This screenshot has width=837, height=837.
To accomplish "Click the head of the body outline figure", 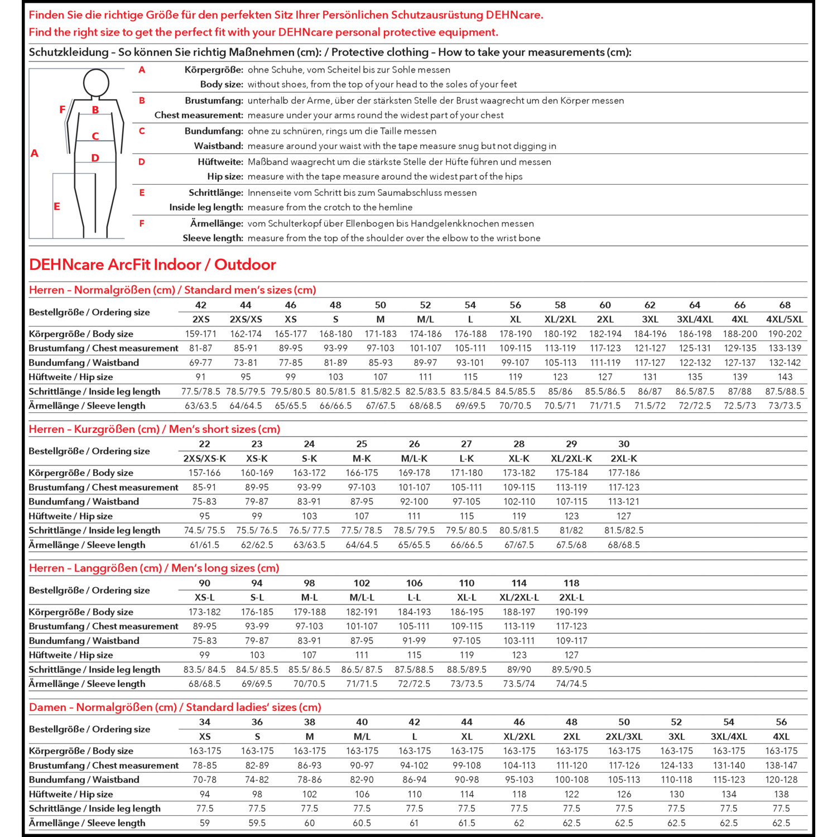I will pyautogui.click(x=96, y=83).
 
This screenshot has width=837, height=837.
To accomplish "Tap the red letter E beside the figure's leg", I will pyautogui.click(x=56, y=206).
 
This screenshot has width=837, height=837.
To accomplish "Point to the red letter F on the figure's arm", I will pyautogui.click(x=62, y=109).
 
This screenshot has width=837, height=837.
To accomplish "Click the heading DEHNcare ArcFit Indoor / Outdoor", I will pyautogui.click(x=152, y=264).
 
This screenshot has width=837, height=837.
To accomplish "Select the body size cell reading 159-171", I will pyautogui.click(x=201, y=334).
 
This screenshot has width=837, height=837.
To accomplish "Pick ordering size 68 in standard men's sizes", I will pyautogui.click(x=785, y=305).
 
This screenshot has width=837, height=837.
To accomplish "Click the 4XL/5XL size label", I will pyautogui.click(x=785, y=319).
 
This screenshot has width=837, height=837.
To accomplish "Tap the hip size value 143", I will pyautogui.click(x=785, y=377).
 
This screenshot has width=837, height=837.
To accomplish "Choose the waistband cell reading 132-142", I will pyautogui.click(x=785, y=362).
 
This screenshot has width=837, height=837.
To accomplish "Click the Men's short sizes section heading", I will pyautogui.click(x=155, y=429).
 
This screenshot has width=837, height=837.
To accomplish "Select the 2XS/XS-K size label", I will pyautogui.click(x=205, y=458).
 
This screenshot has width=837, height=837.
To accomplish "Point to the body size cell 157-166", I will pyautogui.click(x=205, y=473).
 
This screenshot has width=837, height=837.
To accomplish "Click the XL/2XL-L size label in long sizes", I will pyautogui.click(x=519, y=597).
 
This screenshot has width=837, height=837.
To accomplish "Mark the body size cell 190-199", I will pyautogui.click(x=571, y=612).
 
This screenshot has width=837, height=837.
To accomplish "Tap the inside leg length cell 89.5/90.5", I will pyautogui.click(x=571, y=669).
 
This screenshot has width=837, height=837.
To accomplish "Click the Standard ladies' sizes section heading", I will pyautogui.click(x=175, y=707).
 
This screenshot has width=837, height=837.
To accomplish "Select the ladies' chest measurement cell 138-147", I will pyautogui.click(x=781, y=765).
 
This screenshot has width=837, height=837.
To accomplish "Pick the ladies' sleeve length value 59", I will pyautogui.click(x=205, y=822).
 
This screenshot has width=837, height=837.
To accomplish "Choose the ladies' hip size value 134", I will pyautogui.click(x=729, y=794).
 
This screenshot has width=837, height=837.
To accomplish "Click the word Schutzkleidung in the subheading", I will pyautogui.click(x=69, y=52).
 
